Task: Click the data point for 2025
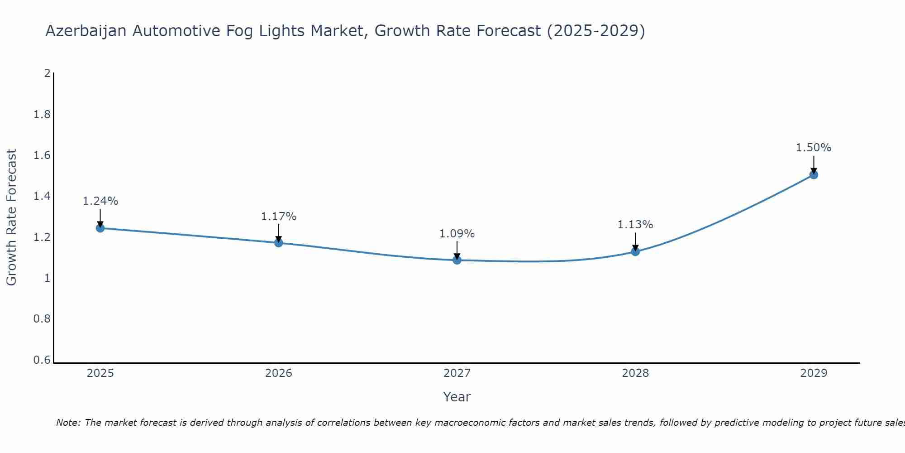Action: point(100,228)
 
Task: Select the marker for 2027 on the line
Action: point(457,260)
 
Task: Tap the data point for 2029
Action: point(814,175)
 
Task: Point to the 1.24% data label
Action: point(100,201)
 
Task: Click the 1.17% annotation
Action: point(279,217)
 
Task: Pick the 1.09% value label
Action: point(457,234)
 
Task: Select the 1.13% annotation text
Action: point(635,225)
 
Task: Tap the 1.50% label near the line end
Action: point(814,148)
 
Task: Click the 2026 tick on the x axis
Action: point(279,373)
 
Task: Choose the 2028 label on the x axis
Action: point(635,373)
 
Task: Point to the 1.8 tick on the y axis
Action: point(42,115)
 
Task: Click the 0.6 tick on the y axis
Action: point(42,360)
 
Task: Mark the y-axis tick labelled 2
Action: point(47,73)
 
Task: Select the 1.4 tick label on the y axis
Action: point(42,196)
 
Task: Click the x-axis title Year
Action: point(457,397)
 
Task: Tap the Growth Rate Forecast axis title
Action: point(12,217)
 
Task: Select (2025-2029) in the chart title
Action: point(596,31)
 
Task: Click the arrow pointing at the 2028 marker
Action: point(635,241)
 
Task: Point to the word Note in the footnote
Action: point(68,423)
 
